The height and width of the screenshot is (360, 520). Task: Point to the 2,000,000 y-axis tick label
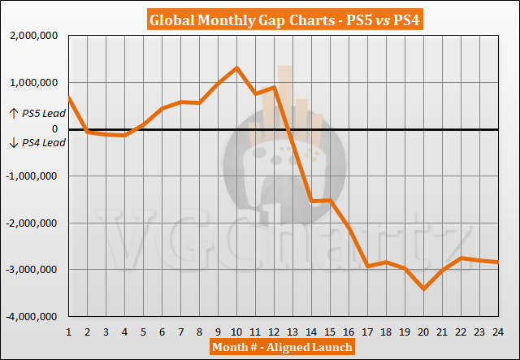[33, 36]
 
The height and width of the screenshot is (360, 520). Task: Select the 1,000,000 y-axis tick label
[33, 82]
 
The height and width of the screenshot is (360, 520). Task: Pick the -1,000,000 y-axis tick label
[32, 176]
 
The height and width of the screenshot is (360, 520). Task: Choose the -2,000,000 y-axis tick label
[32, 223]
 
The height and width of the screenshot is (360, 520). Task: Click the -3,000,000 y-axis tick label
[32, 269]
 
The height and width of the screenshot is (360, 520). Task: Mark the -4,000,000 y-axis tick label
[32, 316]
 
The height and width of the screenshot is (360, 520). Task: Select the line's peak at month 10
[236, 67]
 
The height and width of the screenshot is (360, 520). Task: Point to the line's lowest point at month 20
[423, 288]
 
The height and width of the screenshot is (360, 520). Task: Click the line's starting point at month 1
[68, 98]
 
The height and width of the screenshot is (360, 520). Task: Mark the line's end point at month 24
[498, 262]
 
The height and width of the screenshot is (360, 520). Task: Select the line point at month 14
[311, 201]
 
